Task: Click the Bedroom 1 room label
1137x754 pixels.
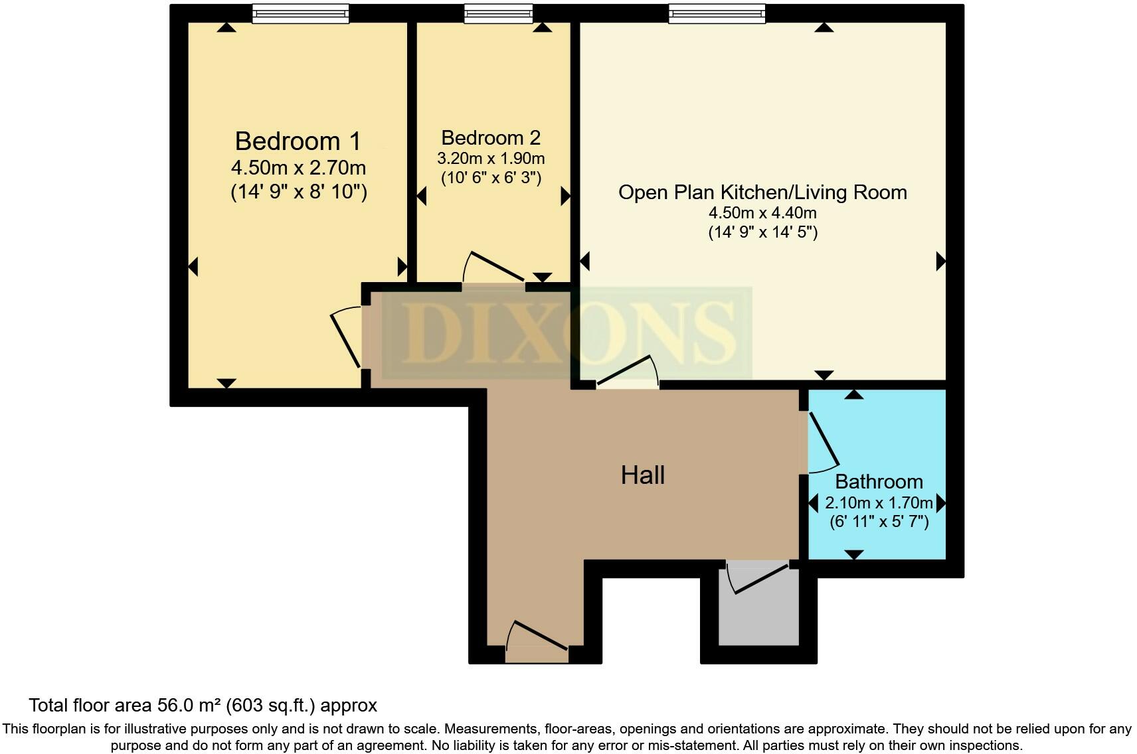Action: coord(298,141)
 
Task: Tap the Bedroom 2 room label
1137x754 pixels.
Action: coord(491,138)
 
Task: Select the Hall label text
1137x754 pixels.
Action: coord(642,475)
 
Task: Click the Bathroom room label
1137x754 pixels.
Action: coord(879,481)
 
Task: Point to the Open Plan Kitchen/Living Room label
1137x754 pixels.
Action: coord(762,192)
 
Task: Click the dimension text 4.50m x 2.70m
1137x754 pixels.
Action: coord(298,167)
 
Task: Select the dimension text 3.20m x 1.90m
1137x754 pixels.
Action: coord(491,159)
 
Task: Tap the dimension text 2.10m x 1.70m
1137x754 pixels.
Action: coord(879,502)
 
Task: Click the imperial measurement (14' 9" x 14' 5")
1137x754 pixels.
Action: coord(762,232)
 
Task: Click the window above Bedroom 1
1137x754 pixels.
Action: coord(301,13)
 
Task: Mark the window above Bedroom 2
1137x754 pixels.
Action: coord(498,13)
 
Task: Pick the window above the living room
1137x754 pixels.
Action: coord(717,13)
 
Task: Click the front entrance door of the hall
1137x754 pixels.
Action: coord(537,641)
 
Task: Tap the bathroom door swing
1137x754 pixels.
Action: coord(823,441)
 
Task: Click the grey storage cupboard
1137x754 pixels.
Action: coord(759,611)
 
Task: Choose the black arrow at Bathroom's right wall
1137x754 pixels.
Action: coord(940,502)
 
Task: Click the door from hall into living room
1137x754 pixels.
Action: coord(627,372)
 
